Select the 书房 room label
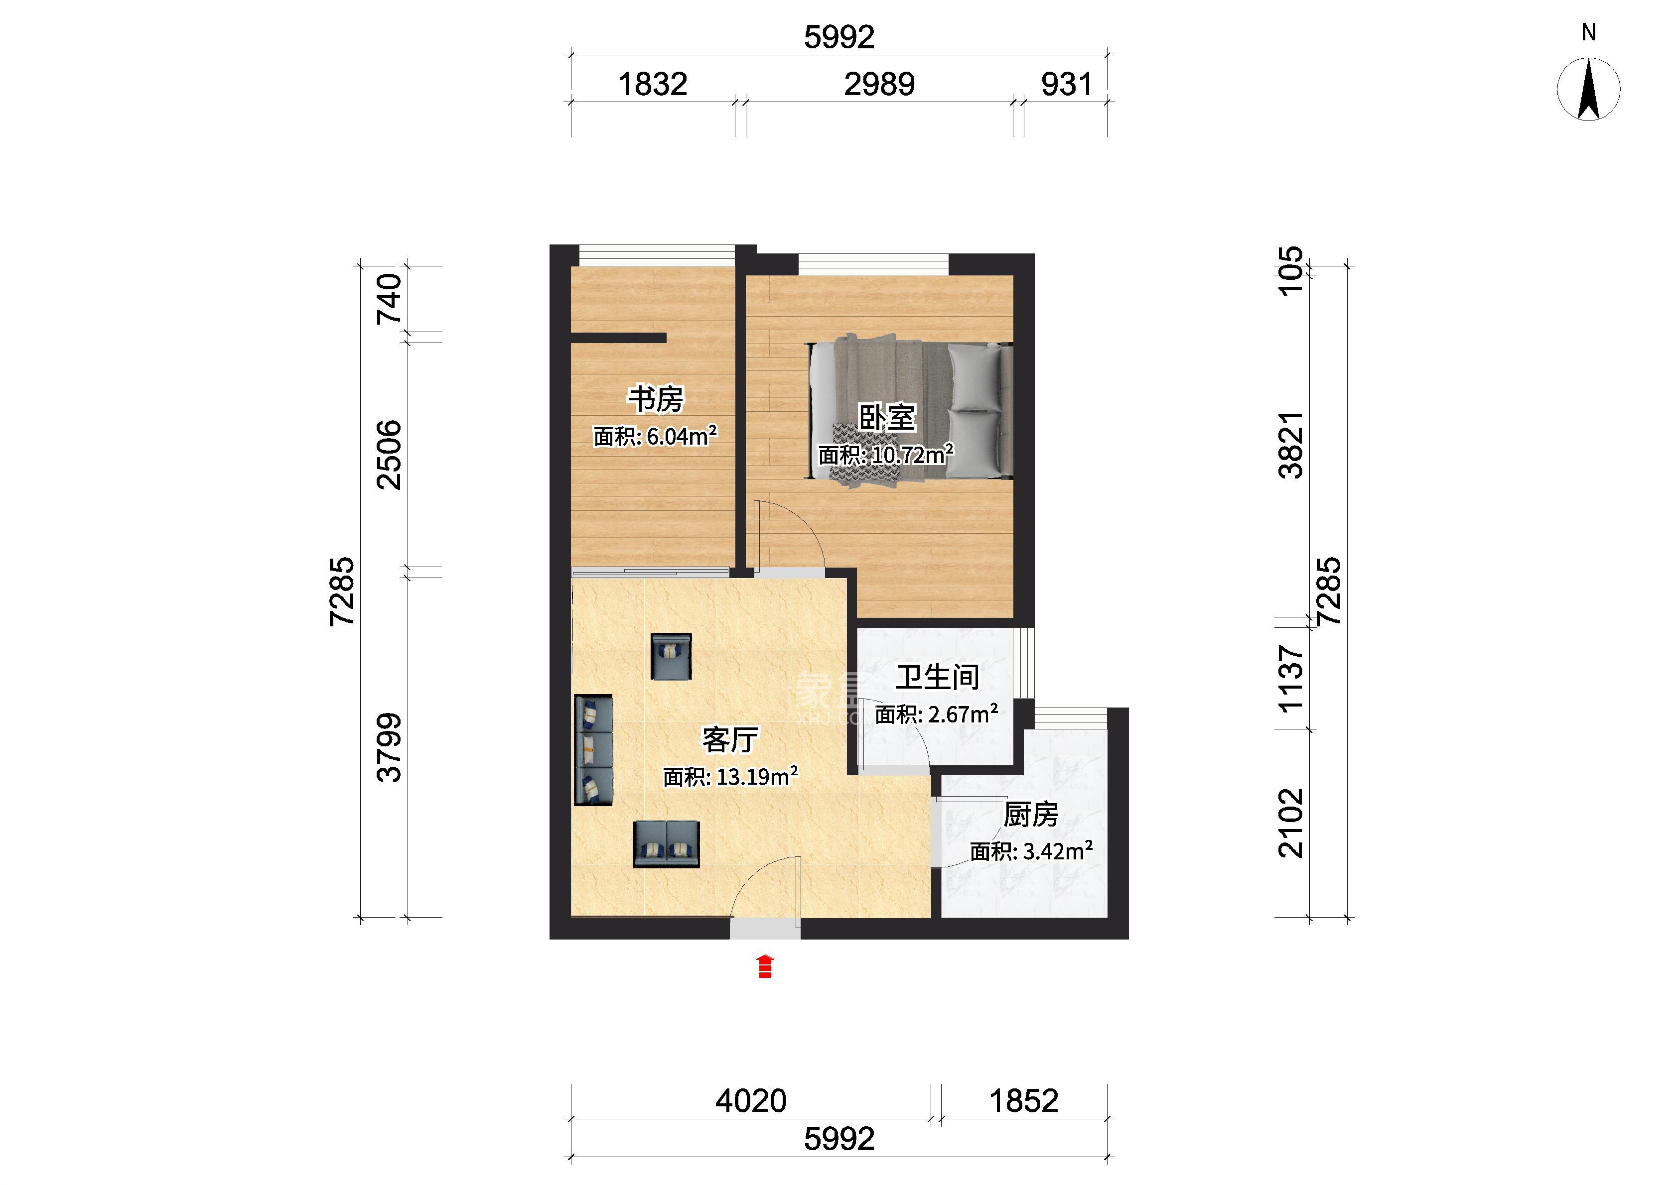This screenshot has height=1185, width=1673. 656,399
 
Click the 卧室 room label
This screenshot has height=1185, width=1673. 887,418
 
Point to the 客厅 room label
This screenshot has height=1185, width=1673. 730,740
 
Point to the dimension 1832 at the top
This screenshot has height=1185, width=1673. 653,85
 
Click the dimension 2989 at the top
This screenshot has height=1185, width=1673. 879,85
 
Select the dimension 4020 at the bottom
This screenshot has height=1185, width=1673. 751,1101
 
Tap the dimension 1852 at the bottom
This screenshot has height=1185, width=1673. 1023,1101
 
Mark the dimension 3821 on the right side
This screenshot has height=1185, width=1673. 1291,445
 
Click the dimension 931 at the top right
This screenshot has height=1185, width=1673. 1067,85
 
